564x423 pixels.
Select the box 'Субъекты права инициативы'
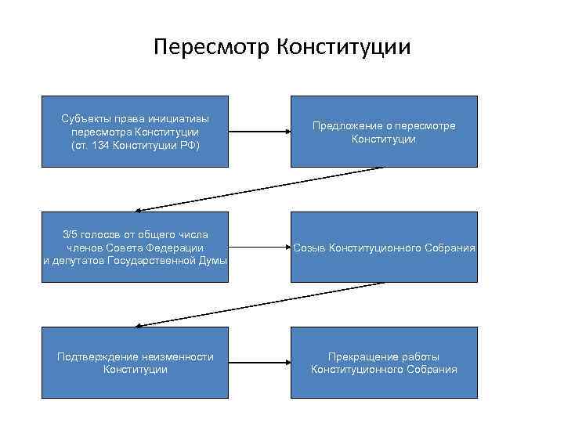click(135, 131)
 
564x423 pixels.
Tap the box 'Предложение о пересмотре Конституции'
click(384, 131)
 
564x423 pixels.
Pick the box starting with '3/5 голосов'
click(135, 247)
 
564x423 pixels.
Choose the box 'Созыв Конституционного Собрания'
click(384, 247)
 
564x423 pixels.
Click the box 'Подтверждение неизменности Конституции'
click(135, 363)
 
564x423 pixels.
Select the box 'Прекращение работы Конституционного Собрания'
click(384, 363)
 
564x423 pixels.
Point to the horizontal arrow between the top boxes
click(260, 132)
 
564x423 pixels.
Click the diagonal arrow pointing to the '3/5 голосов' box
click(258, 189)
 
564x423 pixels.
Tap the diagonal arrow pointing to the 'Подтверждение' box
click(258, 305)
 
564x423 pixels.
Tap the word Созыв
click(310, 248)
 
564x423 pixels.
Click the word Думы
click(211, 260)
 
